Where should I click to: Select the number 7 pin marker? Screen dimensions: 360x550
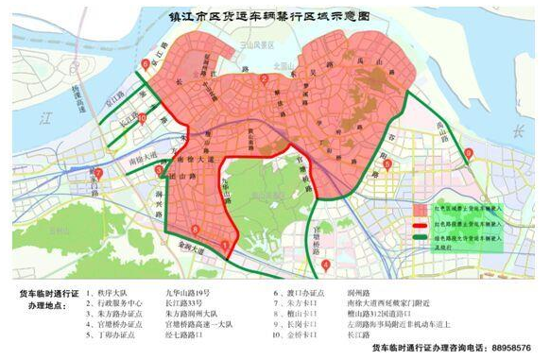[98, 173]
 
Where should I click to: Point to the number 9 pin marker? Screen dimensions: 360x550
[470, 153]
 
